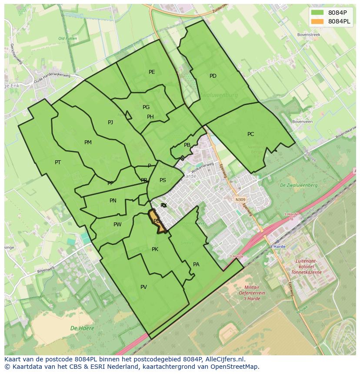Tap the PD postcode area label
(213, 76)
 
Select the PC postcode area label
(250, 134)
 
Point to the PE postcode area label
(152, 72)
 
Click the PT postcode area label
(58, 162)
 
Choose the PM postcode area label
(88, 142)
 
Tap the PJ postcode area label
(110, 122)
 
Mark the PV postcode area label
(143, 287)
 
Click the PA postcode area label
(196, 265)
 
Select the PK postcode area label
(155, 249)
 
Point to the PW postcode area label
(117, 225)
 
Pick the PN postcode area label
(113, 201)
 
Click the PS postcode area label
(163, 180)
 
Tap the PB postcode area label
(187, 145)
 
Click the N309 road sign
(240, 200)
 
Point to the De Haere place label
(82, 328)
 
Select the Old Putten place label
(67, 39)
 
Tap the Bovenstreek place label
(308, 34)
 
